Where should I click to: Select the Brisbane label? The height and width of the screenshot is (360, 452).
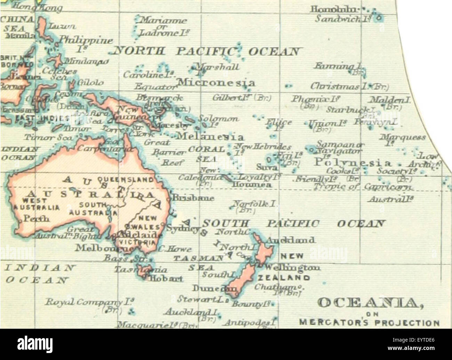click(x=194, y=198)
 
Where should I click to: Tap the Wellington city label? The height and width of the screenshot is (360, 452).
click(x=292, y=267)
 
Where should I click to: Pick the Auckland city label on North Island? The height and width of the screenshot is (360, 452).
click(x=291, y=240)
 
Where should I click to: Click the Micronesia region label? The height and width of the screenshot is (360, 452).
click(x=216, y=83)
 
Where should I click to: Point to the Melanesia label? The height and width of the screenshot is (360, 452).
click(x=210, y=136)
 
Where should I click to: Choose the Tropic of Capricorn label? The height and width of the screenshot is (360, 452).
click(x=363, y=187)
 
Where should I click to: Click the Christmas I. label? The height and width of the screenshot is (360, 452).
click(x=349, y=86)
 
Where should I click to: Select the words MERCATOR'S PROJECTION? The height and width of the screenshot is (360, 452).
click(x=370, y=322)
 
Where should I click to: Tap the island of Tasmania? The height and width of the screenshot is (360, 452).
click(x=143, y=271)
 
